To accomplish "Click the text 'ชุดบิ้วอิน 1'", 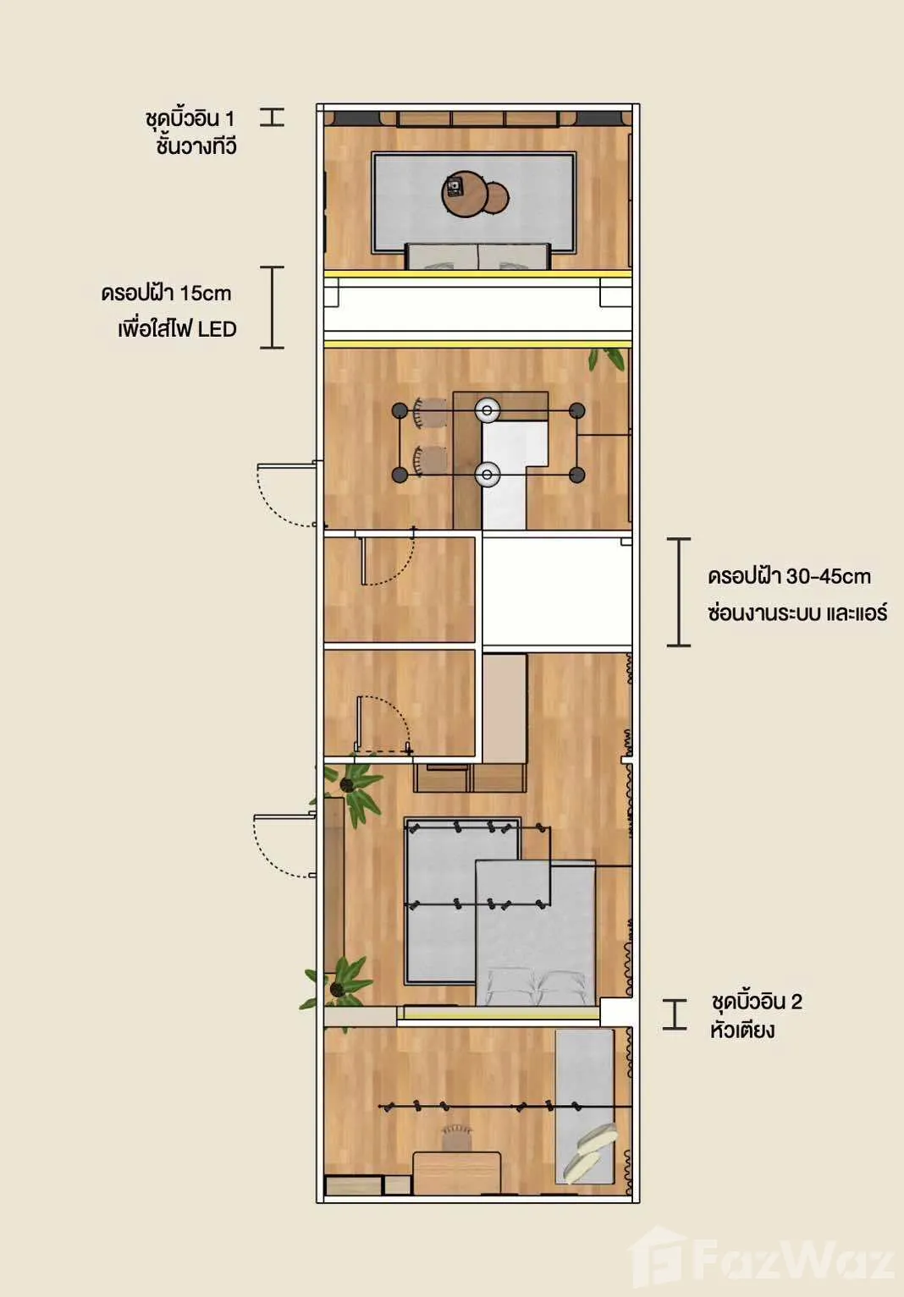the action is click(x=190, y=119).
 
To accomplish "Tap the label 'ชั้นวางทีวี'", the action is click(x=196, y=146).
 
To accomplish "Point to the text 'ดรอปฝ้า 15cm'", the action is click(x=166, y=293).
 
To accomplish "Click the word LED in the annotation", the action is click(x=218, y=329).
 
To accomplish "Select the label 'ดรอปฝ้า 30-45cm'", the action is click(x=790, y=577).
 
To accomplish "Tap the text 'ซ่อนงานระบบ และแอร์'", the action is click(x=797, y=612).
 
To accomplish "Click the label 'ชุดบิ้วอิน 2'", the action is click(x=757, y=1002).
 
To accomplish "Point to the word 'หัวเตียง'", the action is click(x=742, y=1030).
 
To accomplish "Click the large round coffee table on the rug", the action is click(x=464, y=194).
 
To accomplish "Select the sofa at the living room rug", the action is click(x=477, y=256).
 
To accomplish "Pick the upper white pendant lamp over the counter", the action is click(x=488, y=410).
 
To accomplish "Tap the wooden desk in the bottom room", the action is click(x=456, y=1173).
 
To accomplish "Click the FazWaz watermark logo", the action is click(x=761, y=1259).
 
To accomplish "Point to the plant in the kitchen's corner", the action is click(x=607, y=359).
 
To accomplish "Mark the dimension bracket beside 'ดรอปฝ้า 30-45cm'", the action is click(x=679, y=591).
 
